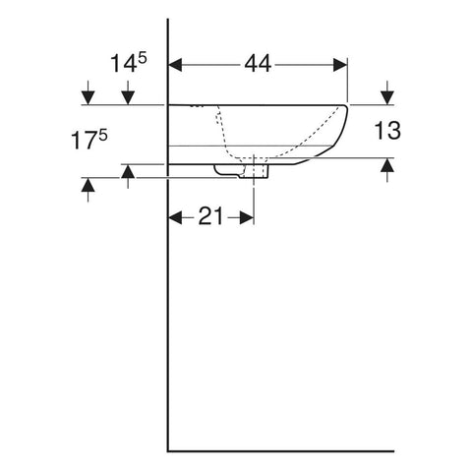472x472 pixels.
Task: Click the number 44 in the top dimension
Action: [x=258, y=64]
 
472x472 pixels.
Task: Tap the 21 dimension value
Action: [x=210, y=216]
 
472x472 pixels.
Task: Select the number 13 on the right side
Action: [x=387, y=130]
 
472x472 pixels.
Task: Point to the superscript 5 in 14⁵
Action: [x=143, y=59]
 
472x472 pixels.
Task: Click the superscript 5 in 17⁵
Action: [x=103, y=135]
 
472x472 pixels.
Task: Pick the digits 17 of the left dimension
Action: [x=85, y=141]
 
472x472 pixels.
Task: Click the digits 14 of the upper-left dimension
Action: [x=124, y=64]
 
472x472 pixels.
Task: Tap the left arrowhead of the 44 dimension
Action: [x=175, y=65]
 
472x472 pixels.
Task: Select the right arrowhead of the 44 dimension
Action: [x=340, y=65]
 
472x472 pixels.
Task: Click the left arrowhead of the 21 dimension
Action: [x=175, y=217]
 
